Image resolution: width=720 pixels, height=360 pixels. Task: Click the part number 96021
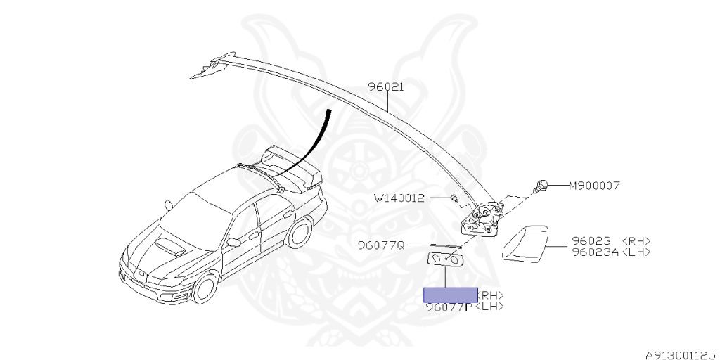pyautogui.click(x=386, y=88)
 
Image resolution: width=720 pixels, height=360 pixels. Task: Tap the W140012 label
pyautogui.click(x=399, y=198)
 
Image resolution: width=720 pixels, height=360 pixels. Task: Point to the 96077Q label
pyautogui.click(x=381, y=245)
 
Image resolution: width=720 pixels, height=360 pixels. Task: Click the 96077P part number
pyautogui.click(x=449, y=307)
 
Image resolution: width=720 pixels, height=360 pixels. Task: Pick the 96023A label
pyautogui.click(x=595, y=251)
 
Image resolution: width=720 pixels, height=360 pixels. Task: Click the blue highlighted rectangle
pyautogui.click(x=450, y=295)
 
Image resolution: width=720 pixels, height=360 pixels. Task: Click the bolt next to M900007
pyautogui.click(x=541, y=186)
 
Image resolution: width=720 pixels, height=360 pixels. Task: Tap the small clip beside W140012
pyautogui.click(x=455, y=198)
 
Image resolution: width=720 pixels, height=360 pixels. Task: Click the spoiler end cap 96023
pyautogui.click(x=526, y=243)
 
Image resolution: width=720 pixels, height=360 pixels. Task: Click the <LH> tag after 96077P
pyautogui.click(x=489, y=307)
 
